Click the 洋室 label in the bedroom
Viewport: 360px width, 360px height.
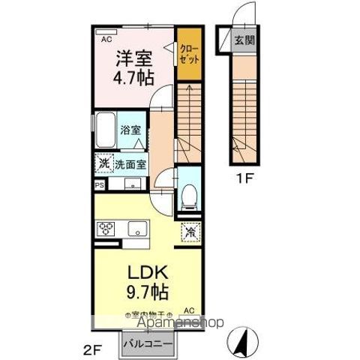[x=133, y=57]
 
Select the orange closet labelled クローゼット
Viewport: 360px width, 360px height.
[x=188, y=54]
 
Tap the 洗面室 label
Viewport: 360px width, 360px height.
[x=130, y=164]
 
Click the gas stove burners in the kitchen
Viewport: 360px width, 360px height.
[x=106, y=228]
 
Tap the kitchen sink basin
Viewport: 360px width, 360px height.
[x=136, y=228]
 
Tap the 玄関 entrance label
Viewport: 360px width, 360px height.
[x=244, y=40]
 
